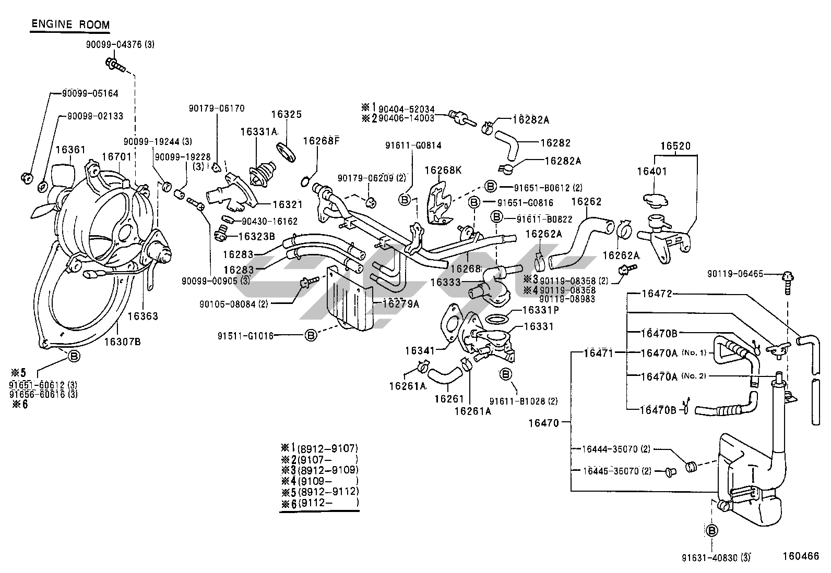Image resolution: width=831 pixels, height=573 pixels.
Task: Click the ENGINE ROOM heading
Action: coord(70,24)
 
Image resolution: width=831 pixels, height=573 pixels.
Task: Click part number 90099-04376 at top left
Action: coord(114,45)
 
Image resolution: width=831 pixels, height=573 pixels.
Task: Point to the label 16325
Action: coord(287,114)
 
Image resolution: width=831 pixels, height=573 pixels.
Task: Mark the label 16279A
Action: coord(400,303)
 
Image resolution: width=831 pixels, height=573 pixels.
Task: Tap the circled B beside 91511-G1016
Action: coord(311,336)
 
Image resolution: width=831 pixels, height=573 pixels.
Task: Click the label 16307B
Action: coord(122,342)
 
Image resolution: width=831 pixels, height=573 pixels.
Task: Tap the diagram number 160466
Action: coord(800,556)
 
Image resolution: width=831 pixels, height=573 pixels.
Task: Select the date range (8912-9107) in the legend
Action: coord(327,448)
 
